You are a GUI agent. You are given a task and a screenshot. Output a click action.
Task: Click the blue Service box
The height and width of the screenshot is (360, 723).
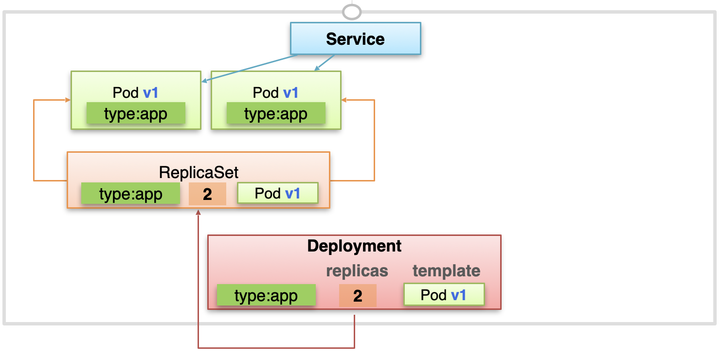pyautogui.click(x=355, y=38)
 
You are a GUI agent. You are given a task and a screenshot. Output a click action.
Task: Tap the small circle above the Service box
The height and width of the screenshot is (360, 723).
pyautogui.click(x=352, y=12)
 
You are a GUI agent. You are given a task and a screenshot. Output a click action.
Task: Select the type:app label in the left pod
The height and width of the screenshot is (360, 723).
pyautogui.click(x=136, y=113)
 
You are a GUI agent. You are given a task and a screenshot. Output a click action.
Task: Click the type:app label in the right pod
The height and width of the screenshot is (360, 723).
pyautogui.click(x=276, y=113)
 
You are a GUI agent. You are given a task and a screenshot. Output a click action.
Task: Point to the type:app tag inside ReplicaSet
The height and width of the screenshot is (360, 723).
pyautogui.click(x=130, y=194)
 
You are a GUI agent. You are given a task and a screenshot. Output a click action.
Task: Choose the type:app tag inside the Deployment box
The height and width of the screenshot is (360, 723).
pyautogui.click(x=266, y=295)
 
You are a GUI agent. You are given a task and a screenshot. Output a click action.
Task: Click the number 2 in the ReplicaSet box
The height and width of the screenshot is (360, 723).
pyautogui.click(x=207, y=194)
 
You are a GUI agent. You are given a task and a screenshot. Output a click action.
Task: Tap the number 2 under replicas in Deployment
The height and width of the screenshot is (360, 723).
pyautogui.click(x=358, y=295)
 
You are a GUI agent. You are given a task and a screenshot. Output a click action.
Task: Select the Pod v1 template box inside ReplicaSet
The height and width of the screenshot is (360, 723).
pyautogui.click(x=278, y=193)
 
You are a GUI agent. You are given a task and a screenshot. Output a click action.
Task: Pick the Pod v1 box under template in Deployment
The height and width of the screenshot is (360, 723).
pyautogui.click(x=444, y=294)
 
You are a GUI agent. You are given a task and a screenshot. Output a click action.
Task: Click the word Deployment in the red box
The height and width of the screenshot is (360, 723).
pyautogui.click(x=354, y=246)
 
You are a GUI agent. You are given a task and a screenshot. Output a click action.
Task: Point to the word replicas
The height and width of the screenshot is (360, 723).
pyautogui.click(x=357, y=270)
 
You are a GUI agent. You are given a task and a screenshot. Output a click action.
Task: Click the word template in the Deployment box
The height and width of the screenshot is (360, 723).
pyautogui.click(x=446, y=270)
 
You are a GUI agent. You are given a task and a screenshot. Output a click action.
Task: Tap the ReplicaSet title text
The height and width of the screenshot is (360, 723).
pyautogui.click(x=199, y=172)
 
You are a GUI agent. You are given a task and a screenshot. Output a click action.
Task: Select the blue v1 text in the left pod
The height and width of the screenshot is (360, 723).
pyautogui.click(x=150, y=93)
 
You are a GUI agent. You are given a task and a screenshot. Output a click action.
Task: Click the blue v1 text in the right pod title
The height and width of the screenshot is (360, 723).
pyautogui.click(x=290, y=93)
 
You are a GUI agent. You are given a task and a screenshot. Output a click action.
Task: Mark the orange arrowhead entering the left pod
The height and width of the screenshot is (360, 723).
pyautogui.click(x=68, y=100)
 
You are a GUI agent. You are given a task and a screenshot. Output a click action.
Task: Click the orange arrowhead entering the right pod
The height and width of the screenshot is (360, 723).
pyautogui.click(x=344, y=100)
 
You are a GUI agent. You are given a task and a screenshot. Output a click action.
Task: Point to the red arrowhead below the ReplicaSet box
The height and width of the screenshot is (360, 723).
pyautogui.click(x=198, y=212)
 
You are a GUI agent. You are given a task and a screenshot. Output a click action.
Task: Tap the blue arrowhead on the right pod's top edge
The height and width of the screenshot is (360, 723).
pyautogui.click(x=317, y=68)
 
